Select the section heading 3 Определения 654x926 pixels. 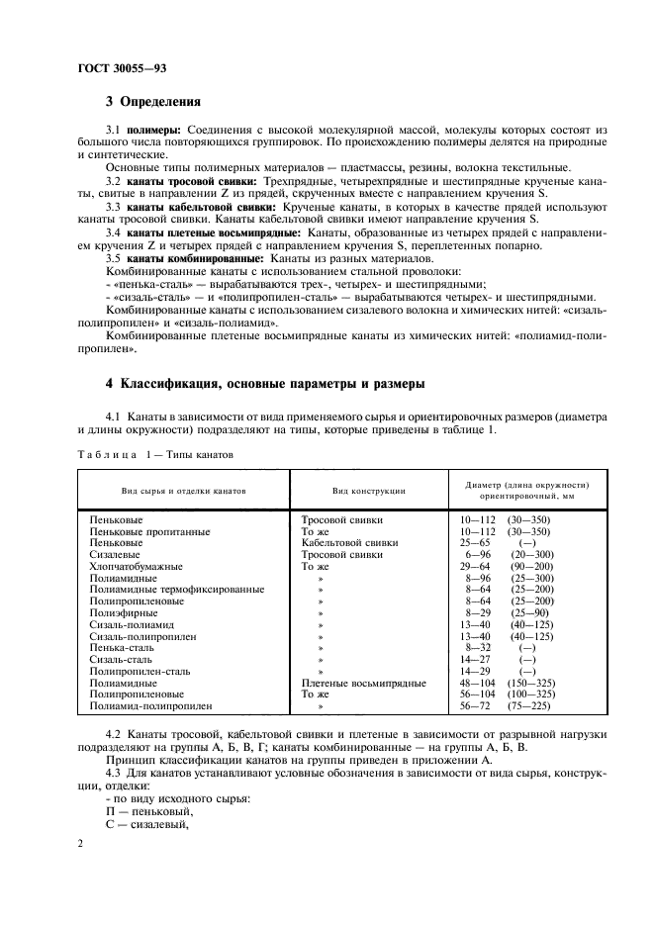pos(153,101)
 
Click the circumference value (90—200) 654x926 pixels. pos(531,567)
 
